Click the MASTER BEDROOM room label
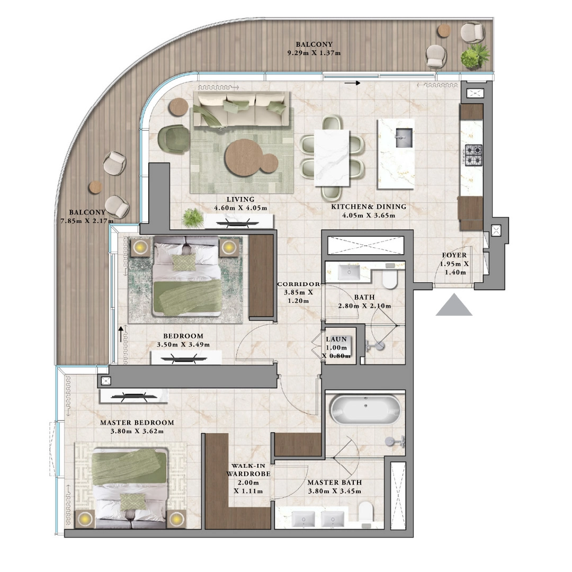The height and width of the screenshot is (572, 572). pos(137,427)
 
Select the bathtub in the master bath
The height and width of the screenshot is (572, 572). pos(365,409)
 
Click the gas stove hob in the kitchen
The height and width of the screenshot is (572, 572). pos(473,155)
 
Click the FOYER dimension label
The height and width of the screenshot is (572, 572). pos(454,264)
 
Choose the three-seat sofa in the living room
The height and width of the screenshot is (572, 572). pos(241,109)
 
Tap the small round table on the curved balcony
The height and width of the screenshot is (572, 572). pos(95,186)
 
